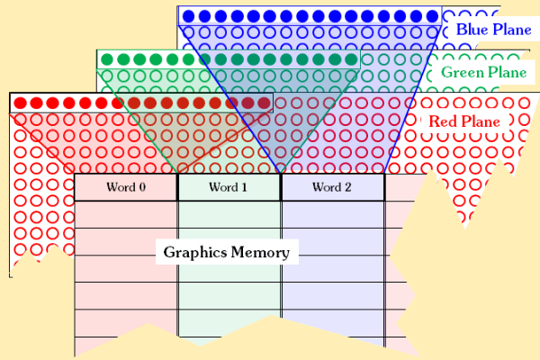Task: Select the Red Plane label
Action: (x=463, y=121)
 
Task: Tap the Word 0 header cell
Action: (x=126, y=187)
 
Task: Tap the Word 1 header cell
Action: (x=229, y=187)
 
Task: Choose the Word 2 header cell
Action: (x=332, y=187)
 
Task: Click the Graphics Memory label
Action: (x=227, y=252)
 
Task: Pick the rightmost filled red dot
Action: (x=263, y=103)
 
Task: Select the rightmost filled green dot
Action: (x=350, y=60)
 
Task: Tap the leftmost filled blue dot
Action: (x=189, y=16)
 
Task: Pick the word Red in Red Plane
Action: (x=440, y=121)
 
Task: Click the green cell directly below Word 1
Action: (x=229, y=214)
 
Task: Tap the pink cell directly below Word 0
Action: (x=126, y=214)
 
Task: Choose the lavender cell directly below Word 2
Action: (x=332, y=214)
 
